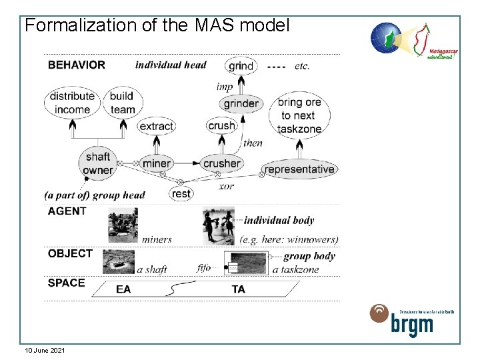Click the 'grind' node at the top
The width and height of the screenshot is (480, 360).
click(x=241, y=65)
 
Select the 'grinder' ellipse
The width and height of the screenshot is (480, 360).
click(x=241, y=103)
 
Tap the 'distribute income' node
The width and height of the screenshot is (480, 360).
click(x=72, y=103)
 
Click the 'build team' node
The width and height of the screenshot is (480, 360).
click(x=123, y=103)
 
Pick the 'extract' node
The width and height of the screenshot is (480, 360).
click(x=156, y=126)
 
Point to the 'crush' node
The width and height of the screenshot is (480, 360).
click(x=221, y=126)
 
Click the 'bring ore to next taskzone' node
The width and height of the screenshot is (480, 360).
click(x=300, y=115)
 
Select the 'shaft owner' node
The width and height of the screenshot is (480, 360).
click(x=97, y=163)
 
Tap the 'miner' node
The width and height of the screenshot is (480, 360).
click(x=157, y=163)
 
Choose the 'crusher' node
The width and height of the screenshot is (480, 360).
click(x=221, y=163)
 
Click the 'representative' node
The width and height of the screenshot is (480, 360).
click(x=299, y=169)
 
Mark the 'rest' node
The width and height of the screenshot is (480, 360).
click(x=181, y=193)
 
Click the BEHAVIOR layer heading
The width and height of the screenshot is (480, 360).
click(x=77, y=65)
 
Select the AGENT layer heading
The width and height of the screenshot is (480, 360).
click(x=67, y=211)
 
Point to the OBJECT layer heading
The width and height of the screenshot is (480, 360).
click(x=70, y=254)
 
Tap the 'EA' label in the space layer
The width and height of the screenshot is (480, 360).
click(x=123, y=289)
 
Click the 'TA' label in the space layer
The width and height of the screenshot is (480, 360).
click(x=238, y=289)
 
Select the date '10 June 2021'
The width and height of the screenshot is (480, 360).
click(x=45, y=350)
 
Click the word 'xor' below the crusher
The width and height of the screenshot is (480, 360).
click(x=227, y=187)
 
